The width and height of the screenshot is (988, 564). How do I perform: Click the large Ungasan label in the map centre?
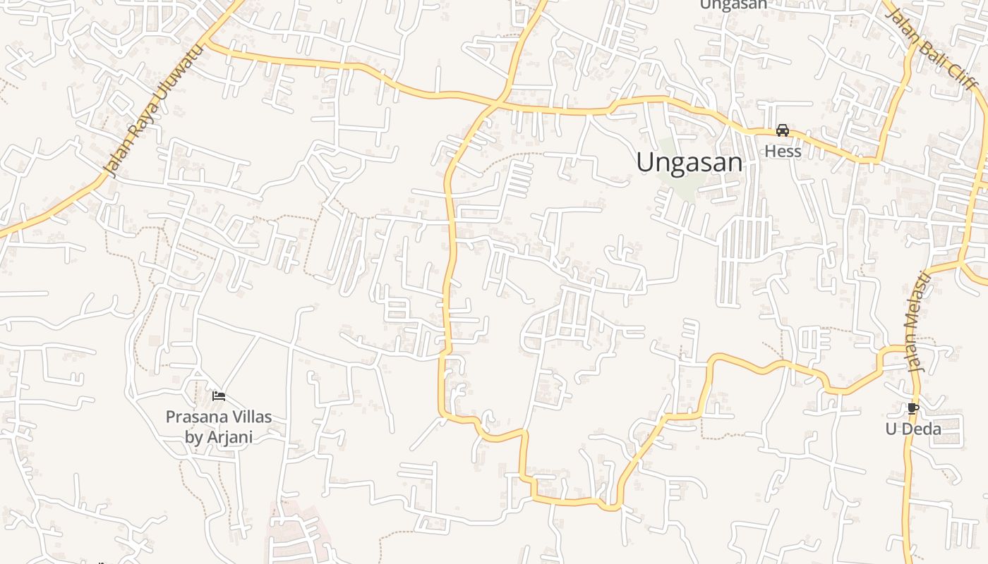(689, 163)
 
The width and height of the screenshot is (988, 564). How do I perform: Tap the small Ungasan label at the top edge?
(733, 5)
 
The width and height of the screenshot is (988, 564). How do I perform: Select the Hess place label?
(783, 152)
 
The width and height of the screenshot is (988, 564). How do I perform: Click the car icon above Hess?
(783, 130)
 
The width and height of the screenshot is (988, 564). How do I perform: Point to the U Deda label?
(913, 429)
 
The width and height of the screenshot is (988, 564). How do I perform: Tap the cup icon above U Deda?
(913, 408)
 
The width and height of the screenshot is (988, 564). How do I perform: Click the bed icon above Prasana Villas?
(219, 396)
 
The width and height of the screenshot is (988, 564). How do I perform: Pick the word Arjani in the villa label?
(229, 436)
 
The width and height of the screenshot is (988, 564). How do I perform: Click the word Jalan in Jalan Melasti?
(916, 355)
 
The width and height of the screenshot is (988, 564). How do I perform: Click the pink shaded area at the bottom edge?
(296, 536)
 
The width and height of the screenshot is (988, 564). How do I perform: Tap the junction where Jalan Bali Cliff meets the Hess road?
(879, 161)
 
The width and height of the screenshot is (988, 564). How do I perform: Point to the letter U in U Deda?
(891, 429)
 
